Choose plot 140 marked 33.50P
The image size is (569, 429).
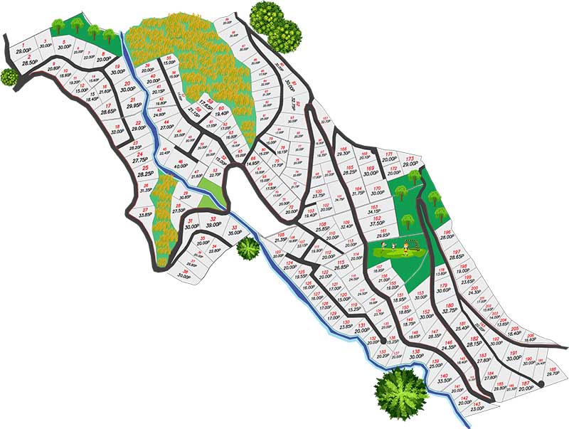click(445, 378)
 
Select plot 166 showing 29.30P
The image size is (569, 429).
click(344, 152)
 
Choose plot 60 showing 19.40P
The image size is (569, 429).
click(220, 110)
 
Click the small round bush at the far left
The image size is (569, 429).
click(9, 76)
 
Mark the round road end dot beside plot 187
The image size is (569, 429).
click(542, 384)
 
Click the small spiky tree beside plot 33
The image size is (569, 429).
click(248, 248)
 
